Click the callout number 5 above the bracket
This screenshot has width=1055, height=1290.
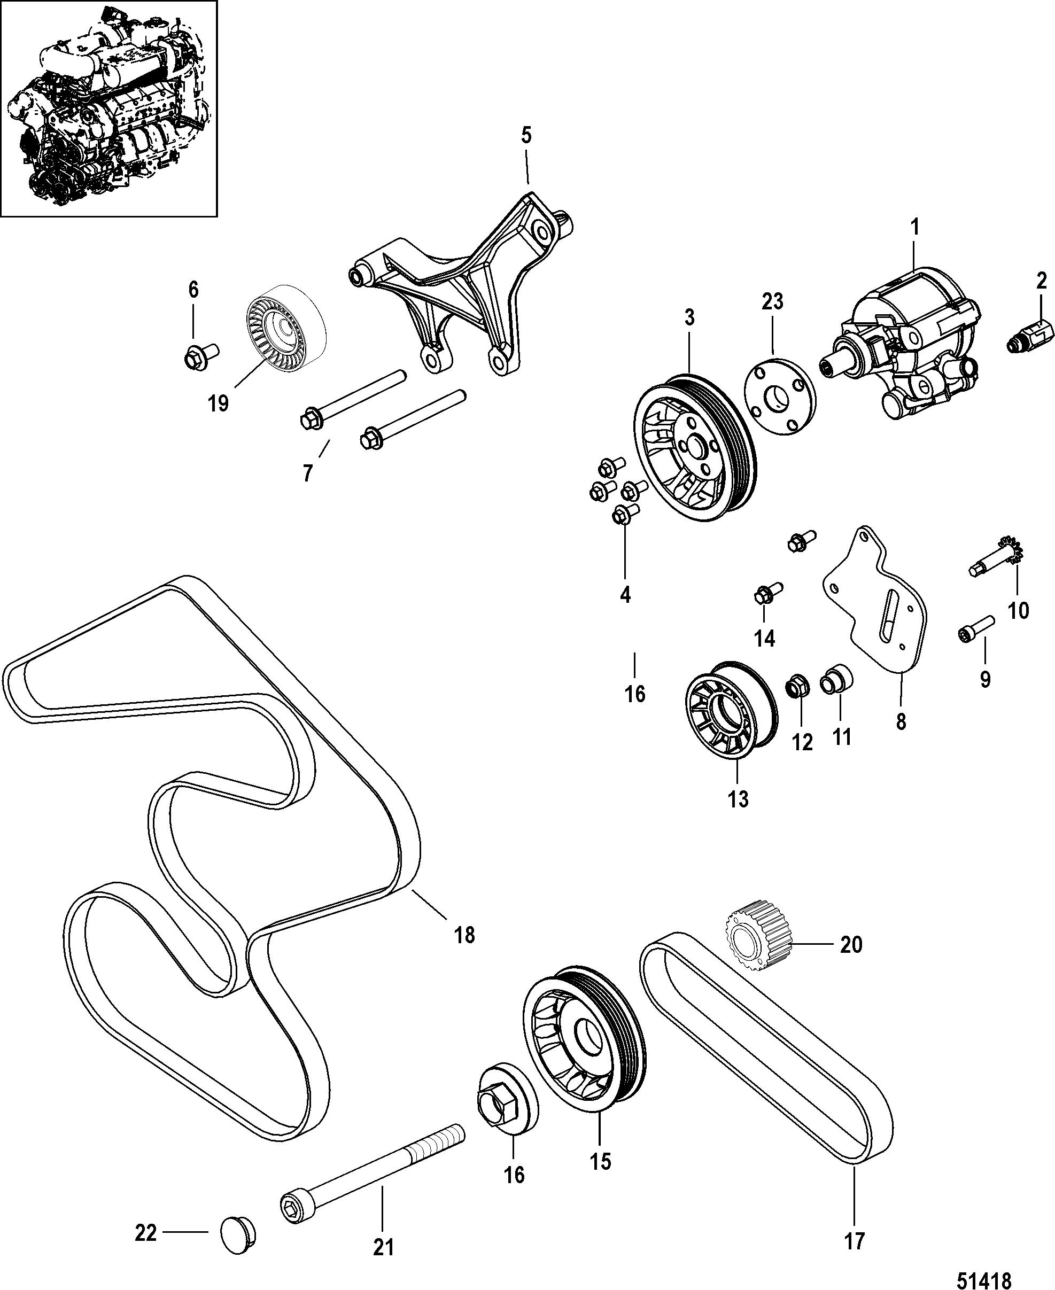[x=526, y=136]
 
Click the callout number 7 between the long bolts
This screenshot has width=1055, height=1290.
[x=308, y=472]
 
